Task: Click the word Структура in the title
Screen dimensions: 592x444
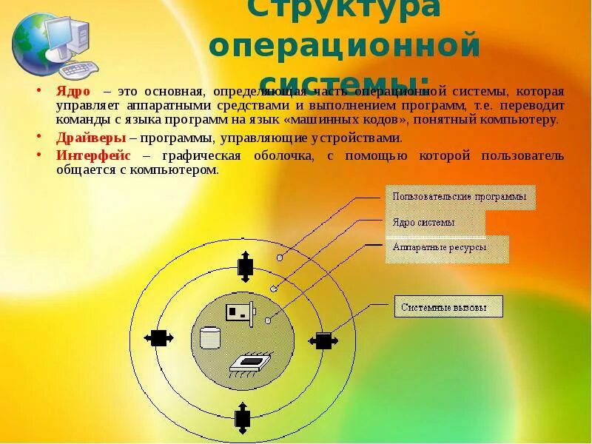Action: (x=343, y=9)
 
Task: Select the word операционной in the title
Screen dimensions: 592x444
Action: (x=345, y=46)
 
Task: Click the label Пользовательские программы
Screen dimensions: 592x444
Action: (x=460, y=197)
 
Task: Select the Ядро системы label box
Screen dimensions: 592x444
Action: (x=435, y=222)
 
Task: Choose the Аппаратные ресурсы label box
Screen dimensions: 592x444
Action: (x=446, y=248)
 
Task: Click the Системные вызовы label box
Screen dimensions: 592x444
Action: (x=448, y=306)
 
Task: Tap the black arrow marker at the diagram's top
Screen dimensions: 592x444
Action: (x=245, y=266)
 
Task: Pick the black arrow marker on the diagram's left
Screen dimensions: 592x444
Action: (x=157, y=338)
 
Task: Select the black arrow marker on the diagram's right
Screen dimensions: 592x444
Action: (x=323, y=340)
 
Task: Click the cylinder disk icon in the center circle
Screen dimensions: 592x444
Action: (x=211, y=337)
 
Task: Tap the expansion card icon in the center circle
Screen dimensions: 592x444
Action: (x=240, y=314)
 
